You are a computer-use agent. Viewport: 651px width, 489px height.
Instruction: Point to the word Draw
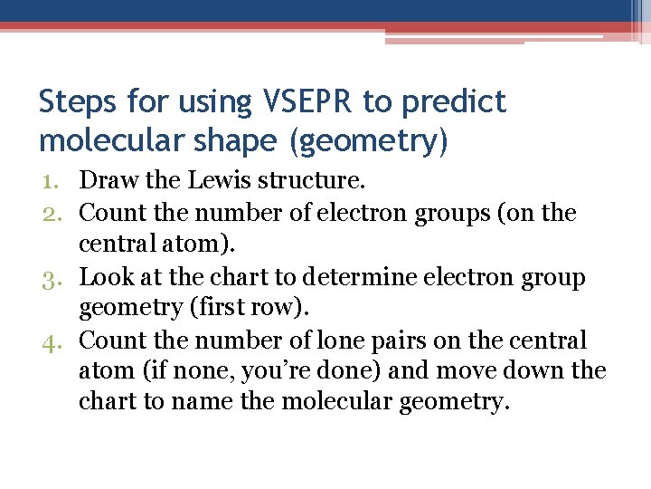pos(108,181)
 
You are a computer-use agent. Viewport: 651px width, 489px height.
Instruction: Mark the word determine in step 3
pos(350,277)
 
